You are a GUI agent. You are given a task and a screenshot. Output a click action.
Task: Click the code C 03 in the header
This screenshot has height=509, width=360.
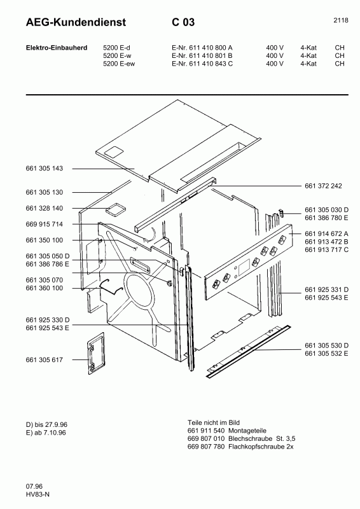[183, 23]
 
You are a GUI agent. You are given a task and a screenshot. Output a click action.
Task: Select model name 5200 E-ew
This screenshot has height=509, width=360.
[120, 64]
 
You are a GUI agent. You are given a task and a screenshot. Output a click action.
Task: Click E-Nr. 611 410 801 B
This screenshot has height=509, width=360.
[202, 55]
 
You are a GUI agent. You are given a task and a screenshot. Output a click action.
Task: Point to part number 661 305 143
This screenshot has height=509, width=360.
[45, 169]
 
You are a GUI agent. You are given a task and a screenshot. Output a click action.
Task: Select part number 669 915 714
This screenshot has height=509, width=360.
[45, 225]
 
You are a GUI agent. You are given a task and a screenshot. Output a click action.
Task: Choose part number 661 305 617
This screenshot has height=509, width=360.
[45, 360]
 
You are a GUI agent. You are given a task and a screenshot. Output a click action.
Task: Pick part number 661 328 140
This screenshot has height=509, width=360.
[45, 208]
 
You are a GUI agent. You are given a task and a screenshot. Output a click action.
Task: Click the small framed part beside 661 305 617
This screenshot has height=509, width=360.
[95, 354]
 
